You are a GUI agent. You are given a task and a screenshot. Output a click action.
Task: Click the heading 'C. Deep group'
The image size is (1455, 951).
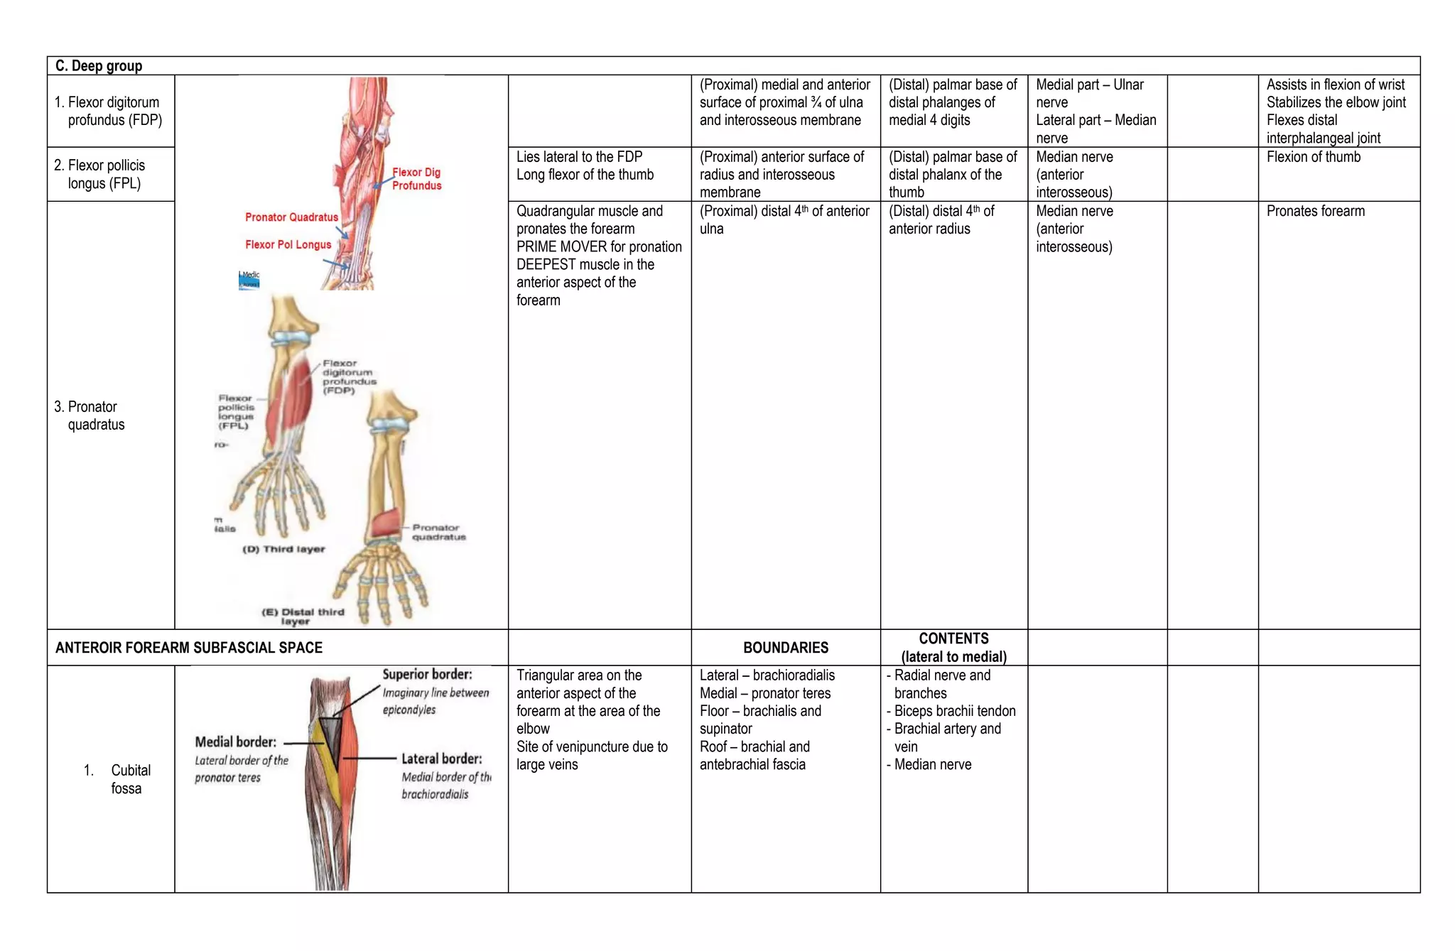99,66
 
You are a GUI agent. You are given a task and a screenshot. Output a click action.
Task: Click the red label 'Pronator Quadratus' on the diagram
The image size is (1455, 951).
291,217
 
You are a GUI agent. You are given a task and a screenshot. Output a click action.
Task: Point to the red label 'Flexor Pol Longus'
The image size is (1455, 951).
288,244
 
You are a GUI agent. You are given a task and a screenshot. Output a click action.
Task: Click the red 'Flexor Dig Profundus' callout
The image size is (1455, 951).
416,179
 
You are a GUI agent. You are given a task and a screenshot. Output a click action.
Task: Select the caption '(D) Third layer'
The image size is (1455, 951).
283,549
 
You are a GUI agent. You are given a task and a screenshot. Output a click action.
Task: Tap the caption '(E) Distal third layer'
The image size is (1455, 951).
303,616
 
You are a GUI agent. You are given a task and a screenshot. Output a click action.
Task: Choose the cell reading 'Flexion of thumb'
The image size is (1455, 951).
1313,157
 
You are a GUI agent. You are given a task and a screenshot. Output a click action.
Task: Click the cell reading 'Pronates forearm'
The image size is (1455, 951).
1315,211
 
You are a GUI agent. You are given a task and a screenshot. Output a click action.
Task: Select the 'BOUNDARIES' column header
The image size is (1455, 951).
785,648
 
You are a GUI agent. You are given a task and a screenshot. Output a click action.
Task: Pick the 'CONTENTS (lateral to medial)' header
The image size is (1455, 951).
953,648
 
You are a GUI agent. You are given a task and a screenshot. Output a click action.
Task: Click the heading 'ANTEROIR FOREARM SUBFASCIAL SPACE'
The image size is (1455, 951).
188,648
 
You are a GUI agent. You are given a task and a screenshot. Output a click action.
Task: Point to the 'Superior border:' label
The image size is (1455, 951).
427,675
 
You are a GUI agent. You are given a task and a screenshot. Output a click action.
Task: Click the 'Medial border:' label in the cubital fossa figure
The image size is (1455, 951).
235,742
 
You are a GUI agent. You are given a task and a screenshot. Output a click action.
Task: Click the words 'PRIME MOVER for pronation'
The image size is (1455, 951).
598,246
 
